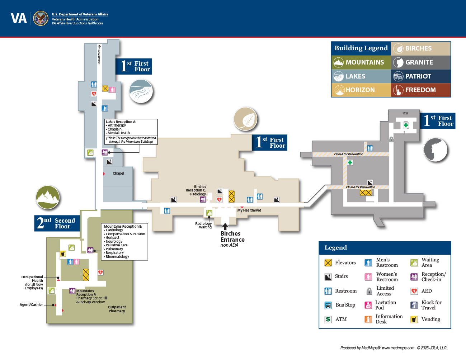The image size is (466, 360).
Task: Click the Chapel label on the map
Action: pos(118,174)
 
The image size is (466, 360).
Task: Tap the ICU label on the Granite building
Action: pos(405,113)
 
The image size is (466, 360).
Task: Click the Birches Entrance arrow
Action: pos(225,226)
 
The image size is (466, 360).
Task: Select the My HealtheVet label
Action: pos(249,210)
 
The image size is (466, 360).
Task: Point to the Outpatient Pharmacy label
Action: pos(117,309)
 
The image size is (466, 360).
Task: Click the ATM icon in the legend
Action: pos(328,319)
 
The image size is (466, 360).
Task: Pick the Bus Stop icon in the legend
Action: pos(328,305)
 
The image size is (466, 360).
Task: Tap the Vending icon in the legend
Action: pos(414,319)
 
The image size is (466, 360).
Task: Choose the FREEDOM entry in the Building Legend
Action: pos(420,90)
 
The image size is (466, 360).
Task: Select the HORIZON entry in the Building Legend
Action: pos(360,90)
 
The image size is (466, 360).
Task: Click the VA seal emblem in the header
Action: pos(41,18)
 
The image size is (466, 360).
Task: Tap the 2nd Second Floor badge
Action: pos(57,223)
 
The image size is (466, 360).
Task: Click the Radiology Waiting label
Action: pos(203,225)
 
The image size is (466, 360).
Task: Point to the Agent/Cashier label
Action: pos(31,305)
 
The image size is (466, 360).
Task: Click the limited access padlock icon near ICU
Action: pos(391,139)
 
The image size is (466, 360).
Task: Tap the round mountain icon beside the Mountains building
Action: pos(48,197)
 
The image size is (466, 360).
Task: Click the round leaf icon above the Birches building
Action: pos(246,119)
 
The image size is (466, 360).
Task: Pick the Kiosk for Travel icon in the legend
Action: pos(414,305)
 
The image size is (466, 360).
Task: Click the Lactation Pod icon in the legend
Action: pos(368,305)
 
